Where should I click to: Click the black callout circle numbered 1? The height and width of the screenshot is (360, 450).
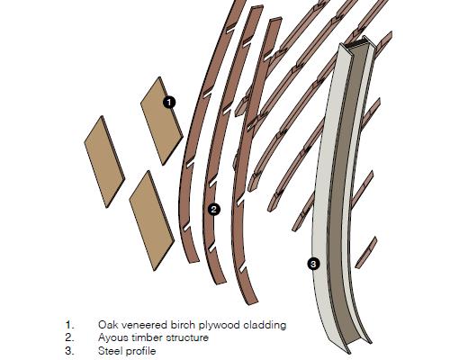tap(169, 103)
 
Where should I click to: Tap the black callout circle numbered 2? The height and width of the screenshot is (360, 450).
tap(213, 209)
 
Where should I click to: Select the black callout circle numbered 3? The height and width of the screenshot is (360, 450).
tap(313, 264)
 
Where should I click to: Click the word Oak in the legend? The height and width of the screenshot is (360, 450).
tap(107, 325)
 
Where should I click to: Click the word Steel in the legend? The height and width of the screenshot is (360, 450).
tap(110, 351)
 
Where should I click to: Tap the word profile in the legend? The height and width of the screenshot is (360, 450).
tap(141, 352)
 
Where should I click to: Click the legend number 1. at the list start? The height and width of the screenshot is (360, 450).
tap(69, 325)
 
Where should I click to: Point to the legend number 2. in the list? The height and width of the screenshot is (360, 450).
tap(69, 337)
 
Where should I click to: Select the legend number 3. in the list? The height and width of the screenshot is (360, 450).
tap(69, 351)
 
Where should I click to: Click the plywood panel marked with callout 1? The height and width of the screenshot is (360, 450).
tap(162, 121)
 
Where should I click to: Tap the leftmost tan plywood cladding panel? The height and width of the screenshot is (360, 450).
tap(104, 162)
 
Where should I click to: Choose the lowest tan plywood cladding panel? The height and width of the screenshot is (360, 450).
tap(152, 220)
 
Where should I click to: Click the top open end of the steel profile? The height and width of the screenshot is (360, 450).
tap(356, 44)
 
